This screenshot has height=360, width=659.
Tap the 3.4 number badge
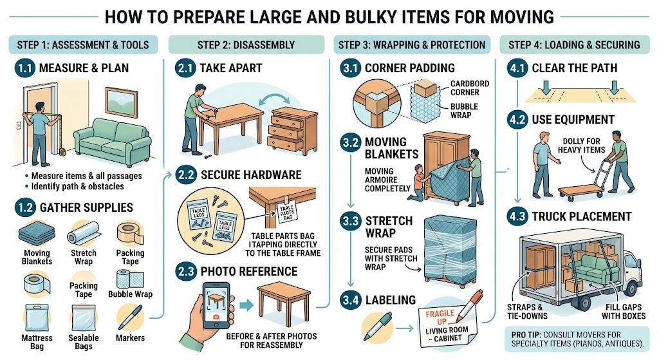click(351, 300)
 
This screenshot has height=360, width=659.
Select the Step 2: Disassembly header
click(246, 45)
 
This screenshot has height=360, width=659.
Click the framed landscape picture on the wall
click(122, 102)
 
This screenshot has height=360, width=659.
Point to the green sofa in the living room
click(112, 142)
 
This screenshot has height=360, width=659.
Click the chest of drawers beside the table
click(292, 129)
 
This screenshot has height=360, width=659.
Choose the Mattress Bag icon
click(37, 318)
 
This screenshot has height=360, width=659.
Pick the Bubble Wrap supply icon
click(130, 279)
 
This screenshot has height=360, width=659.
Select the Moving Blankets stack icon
click(37, 234)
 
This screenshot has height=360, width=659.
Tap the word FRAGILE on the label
click(440, 314)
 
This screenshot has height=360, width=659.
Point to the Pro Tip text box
click(577, 339)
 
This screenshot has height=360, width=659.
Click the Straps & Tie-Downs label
click(527, 312)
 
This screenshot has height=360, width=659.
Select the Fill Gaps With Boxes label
click(623, 312)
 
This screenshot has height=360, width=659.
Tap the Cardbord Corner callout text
click(469, 88)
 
